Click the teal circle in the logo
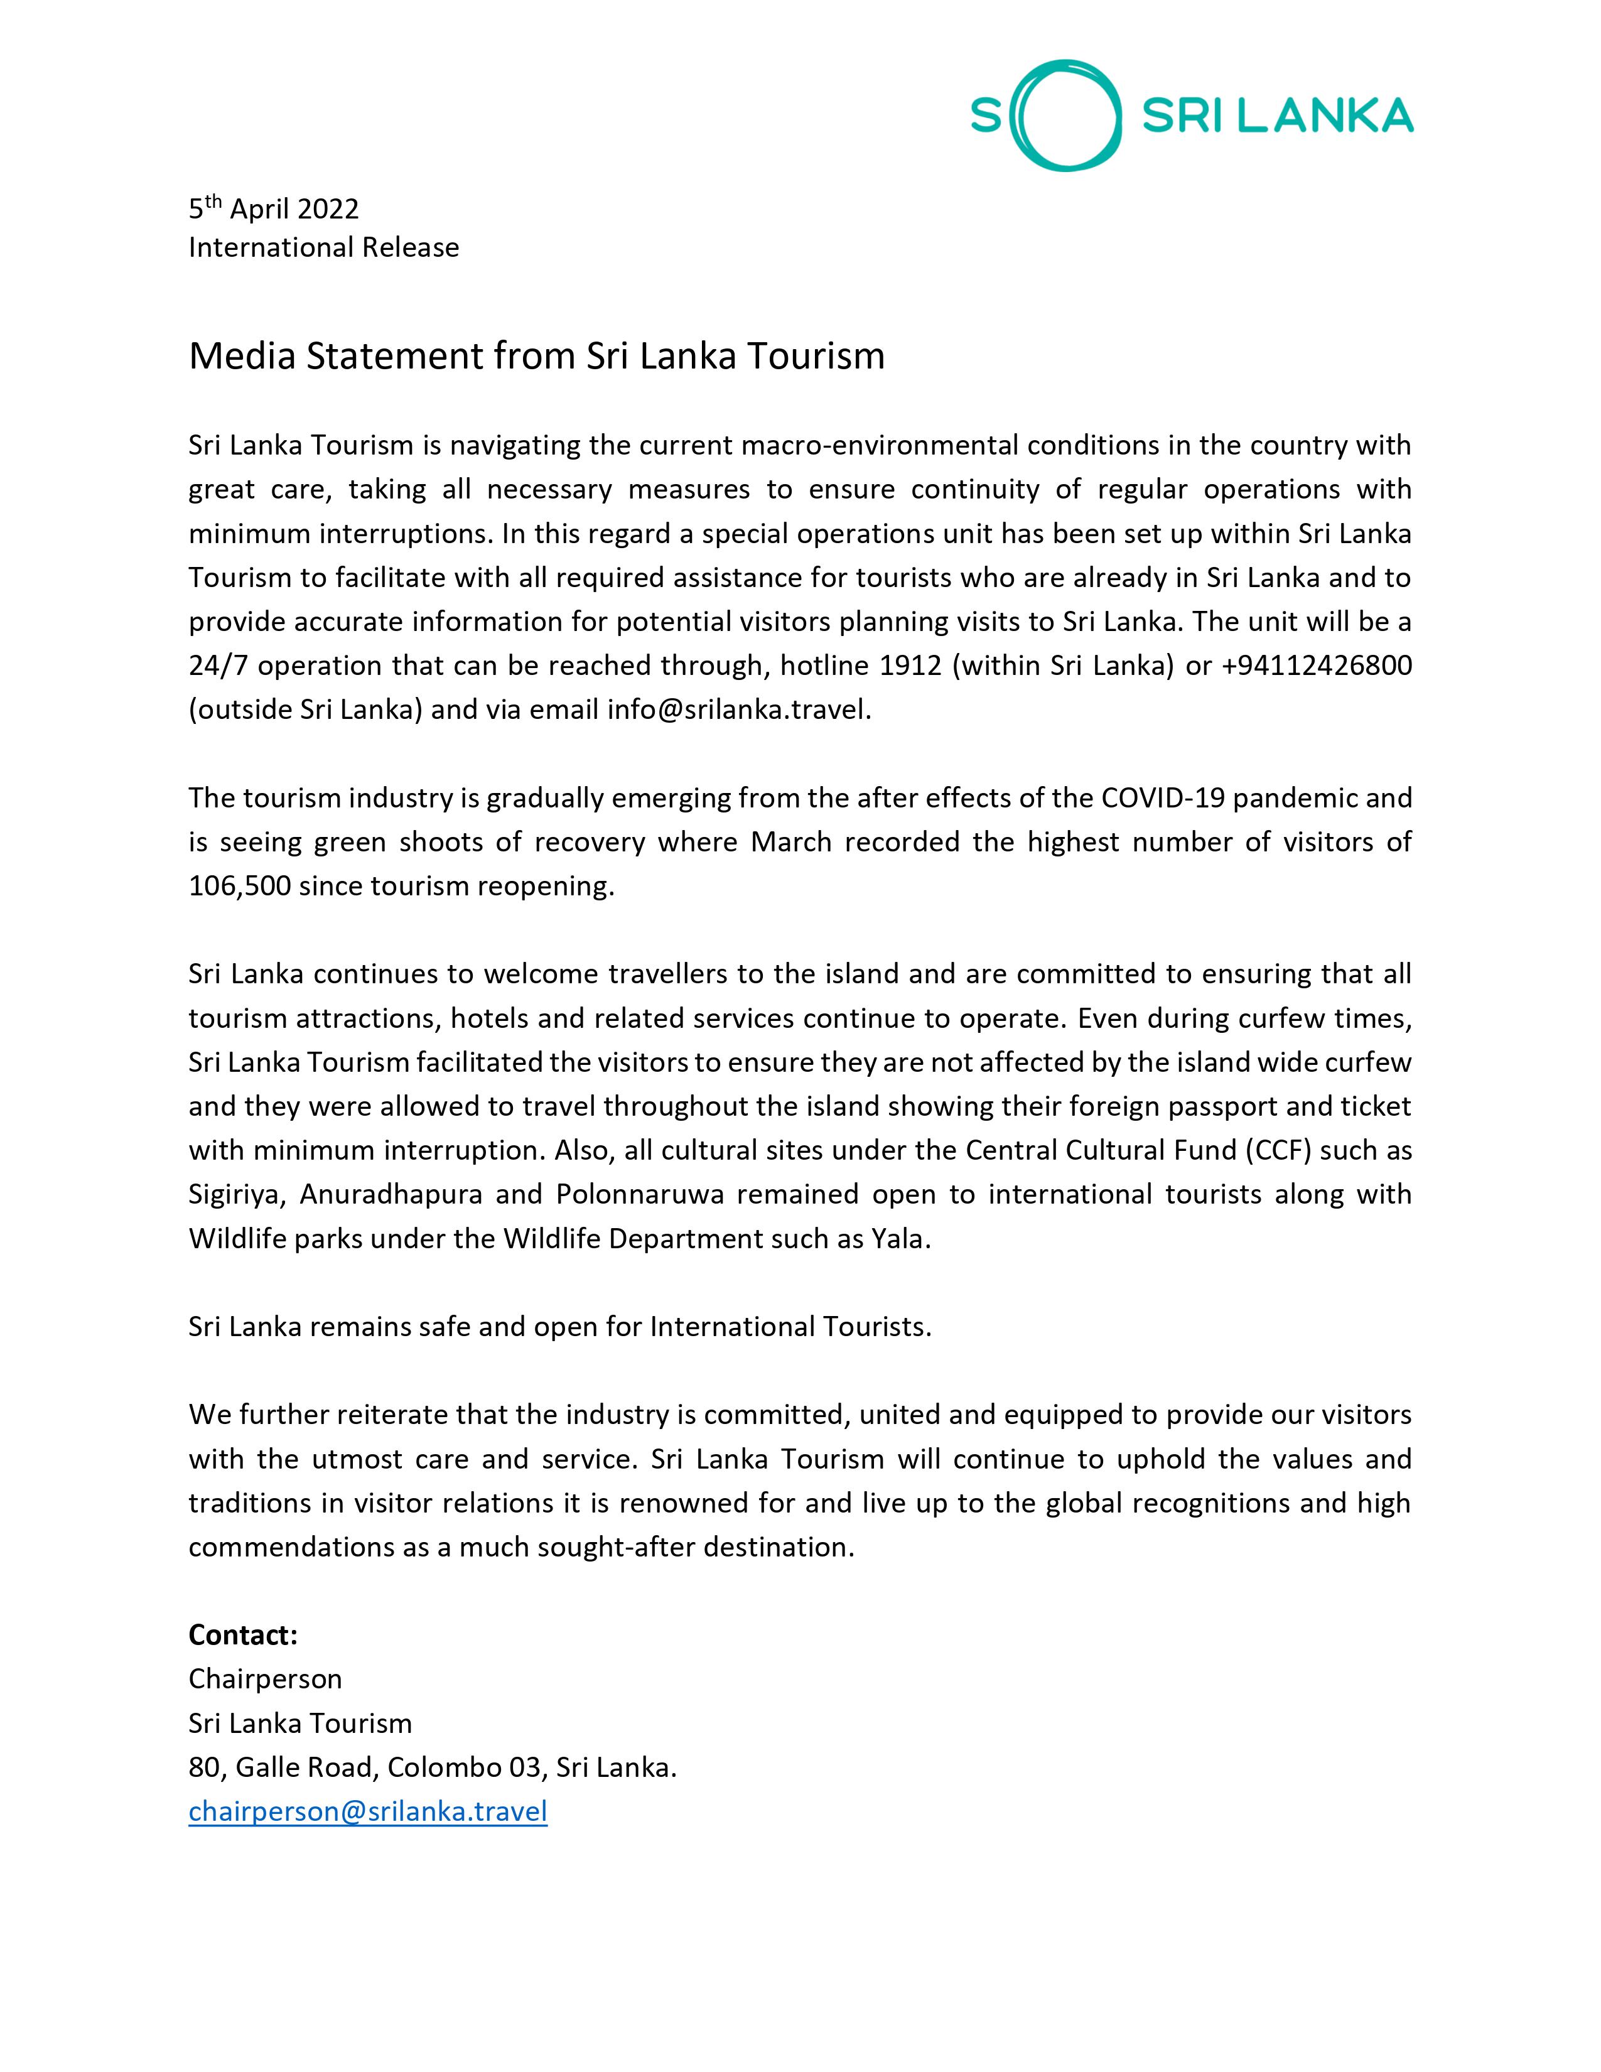pyautogui.click(x=1062, y=116)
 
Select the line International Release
pyautogui.click(x=323, y=247)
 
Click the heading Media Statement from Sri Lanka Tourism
pyautogui.click(x=536, y=357)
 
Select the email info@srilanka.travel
pyautogui.click(x=738, y=710)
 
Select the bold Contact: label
pyautogui.click(x=243, y=1634)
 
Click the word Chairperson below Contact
pyautogui.click(x=264, y=1679)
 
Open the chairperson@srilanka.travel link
pyautogui.click(x=368, y=1811)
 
